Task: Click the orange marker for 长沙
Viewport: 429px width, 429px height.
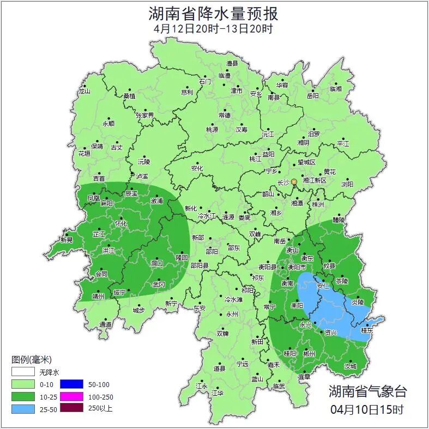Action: click(294, 182)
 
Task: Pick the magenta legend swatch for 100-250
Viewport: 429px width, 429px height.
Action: click(71, 397)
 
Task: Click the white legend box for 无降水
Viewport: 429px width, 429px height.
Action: click(23, 372)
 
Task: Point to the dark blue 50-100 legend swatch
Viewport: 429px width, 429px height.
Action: click(71, 384)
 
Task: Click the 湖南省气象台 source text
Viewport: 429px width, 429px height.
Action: click(367, 391)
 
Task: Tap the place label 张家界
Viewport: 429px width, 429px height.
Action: click(145, 116)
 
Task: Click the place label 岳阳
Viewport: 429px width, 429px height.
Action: click(312, 96)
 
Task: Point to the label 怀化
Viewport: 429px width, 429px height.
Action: click(121, 223)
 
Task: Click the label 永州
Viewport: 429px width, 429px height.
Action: click(232, 315)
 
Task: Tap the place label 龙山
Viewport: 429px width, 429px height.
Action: click(84, 92)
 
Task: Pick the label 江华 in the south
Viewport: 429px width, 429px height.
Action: click(217, 392)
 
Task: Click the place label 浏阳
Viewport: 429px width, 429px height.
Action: click(347, 185)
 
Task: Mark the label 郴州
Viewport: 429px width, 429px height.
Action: click(309, 354)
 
